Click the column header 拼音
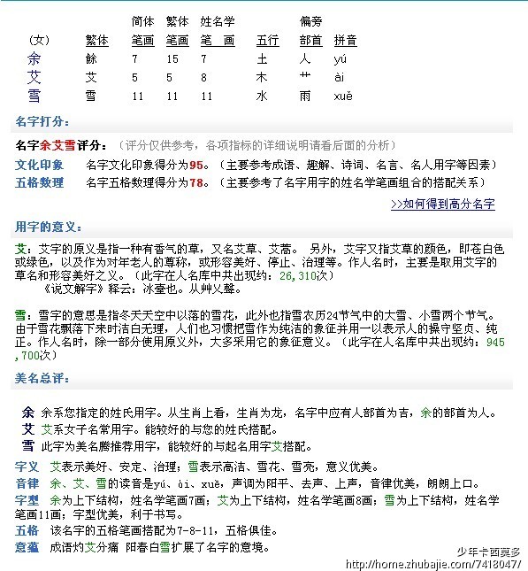click(x=346, y=41)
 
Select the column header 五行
click(x=267, y=41)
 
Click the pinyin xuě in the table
click(x=343, y=96)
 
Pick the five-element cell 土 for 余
click(x=262, y=60)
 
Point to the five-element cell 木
click(x=262, y=78)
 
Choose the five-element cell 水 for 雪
click(x=262, y=96)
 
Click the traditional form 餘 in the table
click(x=91, y=60)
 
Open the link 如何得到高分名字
click(x=442, y=204)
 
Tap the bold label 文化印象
click(x=40, y=165)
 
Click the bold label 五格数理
click(x=40, y=182)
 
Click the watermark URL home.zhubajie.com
click(x=451, y=561)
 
